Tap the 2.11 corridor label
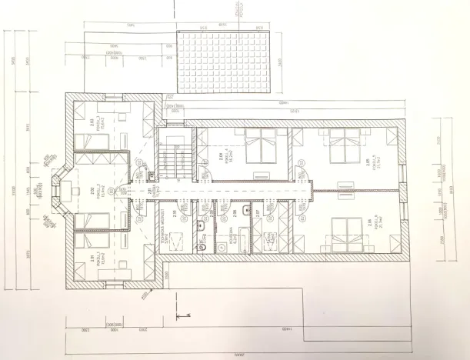tap(149, 192)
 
